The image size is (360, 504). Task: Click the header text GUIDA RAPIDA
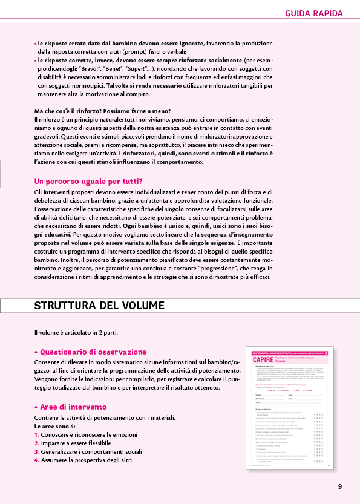point(313,13)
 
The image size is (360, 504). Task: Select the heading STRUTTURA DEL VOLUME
point(99,305)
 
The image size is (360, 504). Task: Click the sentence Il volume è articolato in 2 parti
point(76,332)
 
